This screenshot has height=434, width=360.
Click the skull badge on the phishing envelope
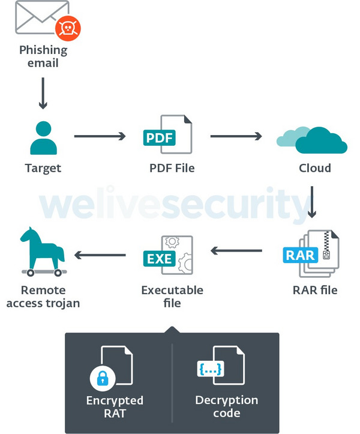[x=68, y=28]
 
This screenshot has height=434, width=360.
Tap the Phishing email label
[x=43, y=56]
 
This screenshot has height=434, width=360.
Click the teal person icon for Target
[x=43, y=137]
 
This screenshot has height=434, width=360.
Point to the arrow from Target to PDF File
[x=100, y=136]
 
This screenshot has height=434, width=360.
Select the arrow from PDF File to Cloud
[x=236, y=136]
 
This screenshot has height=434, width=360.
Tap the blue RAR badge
[x=300, y=255]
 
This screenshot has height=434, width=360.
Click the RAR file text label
[x=315, y=290]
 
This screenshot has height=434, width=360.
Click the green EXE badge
[x=158, y=259]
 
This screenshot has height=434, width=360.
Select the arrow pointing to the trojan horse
[x=100, y=256]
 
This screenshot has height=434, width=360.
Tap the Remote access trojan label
[x=43, y=297]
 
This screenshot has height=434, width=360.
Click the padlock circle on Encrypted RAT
[x=103, y=378]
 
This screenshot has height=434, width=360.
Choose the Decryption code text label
[x=226, y=406]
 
